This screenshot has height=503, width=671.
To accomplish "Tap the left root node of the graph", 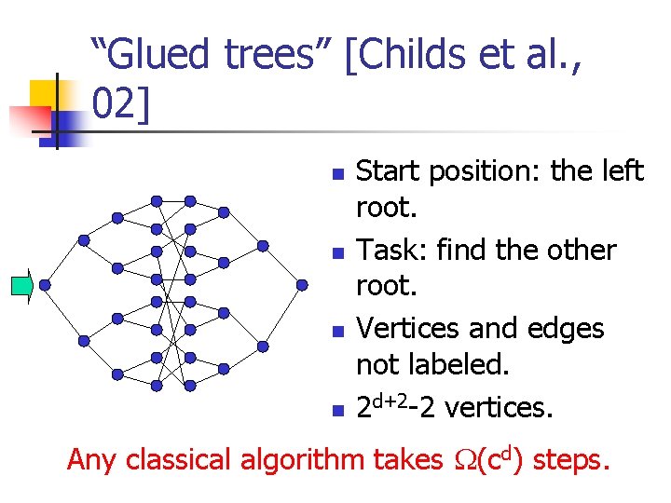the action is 46,285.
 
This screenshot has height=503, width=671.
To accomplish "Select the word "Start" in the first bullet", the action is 386,171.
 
